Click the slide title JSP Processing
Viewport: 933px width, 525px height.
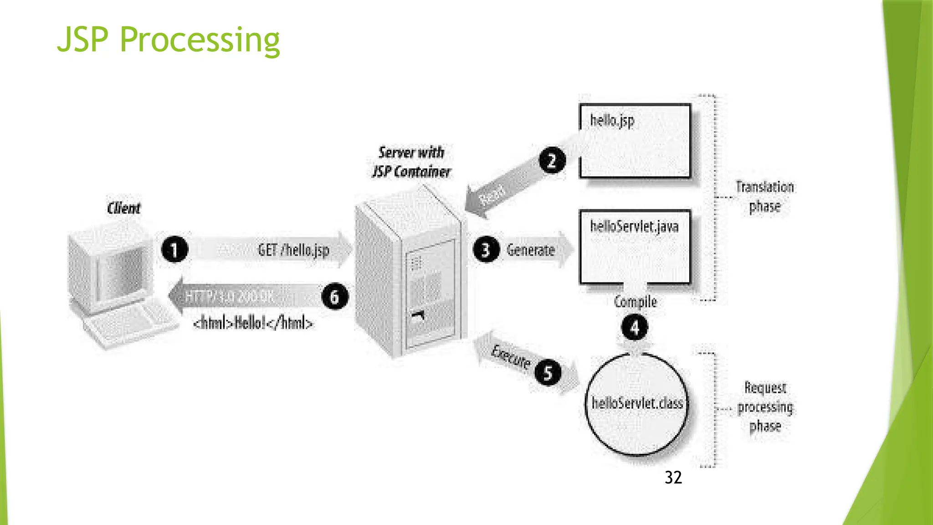point(168,40)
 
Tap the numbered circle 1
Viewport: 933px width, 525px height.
point(174,249)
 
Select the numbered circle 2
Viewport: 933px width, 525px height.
point(552,161)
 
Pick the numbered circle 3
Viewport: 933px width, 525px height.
point(486,250)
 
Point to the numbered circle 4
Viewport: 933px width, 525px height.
point(635,327)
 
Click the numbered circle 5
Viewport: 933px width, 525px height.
point(548,372)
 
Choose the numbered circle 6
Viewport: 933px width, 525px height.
point(335,297)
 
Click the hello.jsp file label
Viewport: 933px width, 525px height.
point(612,121)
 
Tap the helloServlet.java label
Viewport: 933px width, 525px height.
point(634,226)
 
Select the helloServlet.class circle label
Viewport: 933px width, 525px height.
point(637,403)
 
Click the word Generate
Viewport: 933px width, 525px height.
point(531,250)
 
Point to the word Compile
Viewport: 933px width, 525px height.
point(635,302)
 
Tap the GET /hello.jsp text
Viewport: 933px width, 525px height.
point(293,250)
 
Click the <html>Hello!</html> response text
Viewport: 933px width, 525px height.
point(253,323)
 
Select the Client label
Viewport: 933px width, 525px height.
point(123,208)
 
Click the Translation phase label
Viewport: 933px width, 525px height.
point(765,196)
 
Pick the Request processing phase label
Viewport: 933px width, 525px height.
point(765,407)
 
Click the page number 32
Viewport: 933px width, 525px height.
point(673,478)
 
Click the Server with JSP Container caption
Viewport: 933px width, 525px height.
point(411,162)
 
